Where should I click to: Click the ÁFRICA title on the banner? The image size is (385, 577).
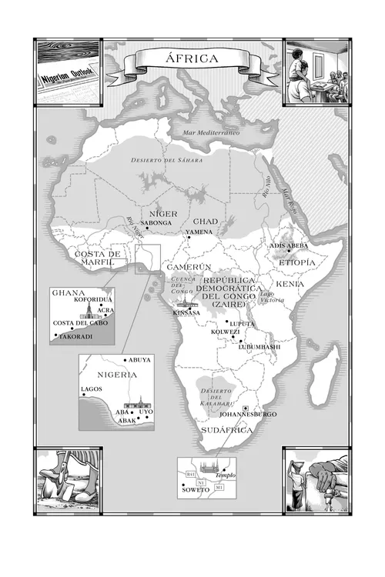[192, 58]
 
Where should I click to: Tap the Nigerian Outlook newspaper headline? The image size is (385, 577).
[67, 74]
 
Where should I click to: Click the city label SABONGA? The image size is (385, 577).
[157, 222]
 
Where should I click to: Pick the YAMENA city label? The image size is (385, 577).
[198, 232]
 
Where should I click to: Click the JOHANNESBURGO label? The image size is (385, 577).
[246, 415]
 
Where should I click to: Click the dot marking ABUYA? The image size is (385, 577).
[125, 360]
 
